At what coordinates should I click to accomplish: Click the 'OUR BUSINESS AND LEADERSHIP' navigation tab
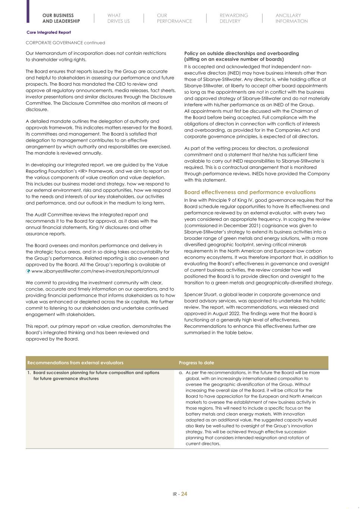(x=61, y=18)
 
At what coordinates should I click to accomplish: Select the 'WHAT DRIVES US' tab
(x=118, y=18)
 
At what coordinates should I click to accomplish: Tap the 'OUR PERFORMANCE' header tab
(x=174, y=18)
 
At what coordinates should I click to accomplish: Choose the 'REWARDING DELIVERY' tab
(x=234, y=18)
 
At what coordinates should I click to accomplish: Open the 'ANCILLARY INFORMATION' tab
(x=291, y=18)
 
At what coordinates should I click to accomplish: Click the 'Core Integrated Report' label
(x=48, y=32)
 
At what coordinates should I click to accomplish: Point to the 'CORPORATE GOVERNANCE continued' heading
(x=65, y=43)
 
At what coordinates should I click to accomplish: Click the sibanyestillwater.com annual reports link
(x=95, y=271)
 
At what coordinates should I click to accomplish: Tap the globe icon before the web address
(x=28, y=271)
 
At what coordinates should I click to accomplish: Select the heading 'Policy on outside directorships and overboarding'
(x=241, y=53)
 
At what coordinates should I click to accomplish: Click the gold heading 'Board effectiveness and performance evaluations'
(x=250, y=192)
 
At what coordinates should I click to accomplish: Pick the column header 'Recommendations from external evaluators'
(x=75, y=363)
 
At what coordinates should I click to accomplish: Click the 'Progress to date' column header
(x=196, y=363)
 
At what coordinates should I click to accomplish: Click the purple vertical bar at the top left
(x=28, y=11)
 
